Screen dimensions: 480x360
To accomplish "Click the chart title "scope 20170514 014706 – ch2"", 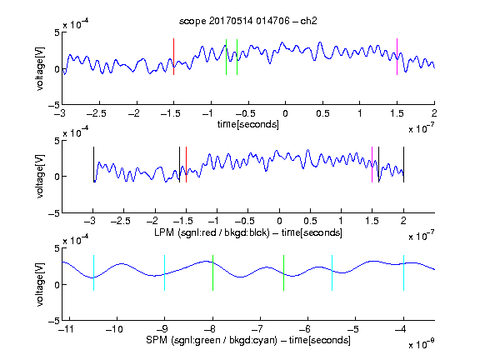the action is [x=248, y=21].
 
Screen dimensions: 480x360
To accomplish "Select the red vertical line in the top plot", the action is [x=173, y=57].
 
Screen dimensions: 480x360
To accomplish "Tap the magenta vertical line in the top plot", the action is [x=397, y=57].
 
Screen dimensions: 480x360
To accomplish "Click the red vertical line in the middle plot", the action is [x=186, y=165].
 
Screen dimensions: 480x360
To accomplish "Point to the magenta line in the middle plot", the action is [x=372, y=165].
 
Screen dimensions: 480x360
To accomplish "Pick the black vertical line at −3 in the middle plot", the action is [x=93, y=165].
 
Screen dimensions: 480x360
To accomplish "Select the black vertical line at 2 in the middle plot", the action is [x=403, y=165].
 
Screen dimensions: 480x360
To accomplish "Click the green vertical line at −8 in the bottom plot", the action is [x=212, y=272].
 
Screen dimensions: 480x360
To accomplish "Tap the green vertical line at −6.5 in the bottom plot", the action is [x=284, y=272].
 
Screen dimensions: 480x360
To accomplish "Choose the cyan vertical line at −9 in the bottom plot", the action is [x=164, y=272].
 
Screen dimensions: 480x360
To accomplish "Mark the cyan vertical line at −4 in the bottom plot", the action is [x=403, y=272].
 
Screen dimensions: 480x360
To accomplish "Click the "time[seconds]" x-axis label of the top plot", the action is [x=248, y=124].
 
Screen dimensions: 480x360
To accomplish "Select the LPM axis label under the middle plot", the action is [x=248, y=232].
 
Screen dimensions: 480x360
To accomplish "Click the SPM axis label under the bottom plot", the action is [x=248, y=340].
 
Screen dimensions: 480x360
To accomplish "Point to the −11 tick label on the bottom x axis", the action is [x=67, y=329].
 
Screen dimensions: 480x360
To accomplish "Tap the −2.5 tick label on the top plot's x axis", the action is [x=97, y=113].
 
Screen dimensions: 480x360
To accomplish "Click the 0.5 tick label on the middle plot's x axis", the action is [x=310, y=221].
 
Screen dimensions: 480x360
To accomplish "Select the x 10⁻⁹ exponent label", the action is [x=421, y=344].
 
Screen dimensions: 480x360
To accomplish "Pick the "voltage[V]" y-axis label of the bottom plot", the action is [x=40, y=284].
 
